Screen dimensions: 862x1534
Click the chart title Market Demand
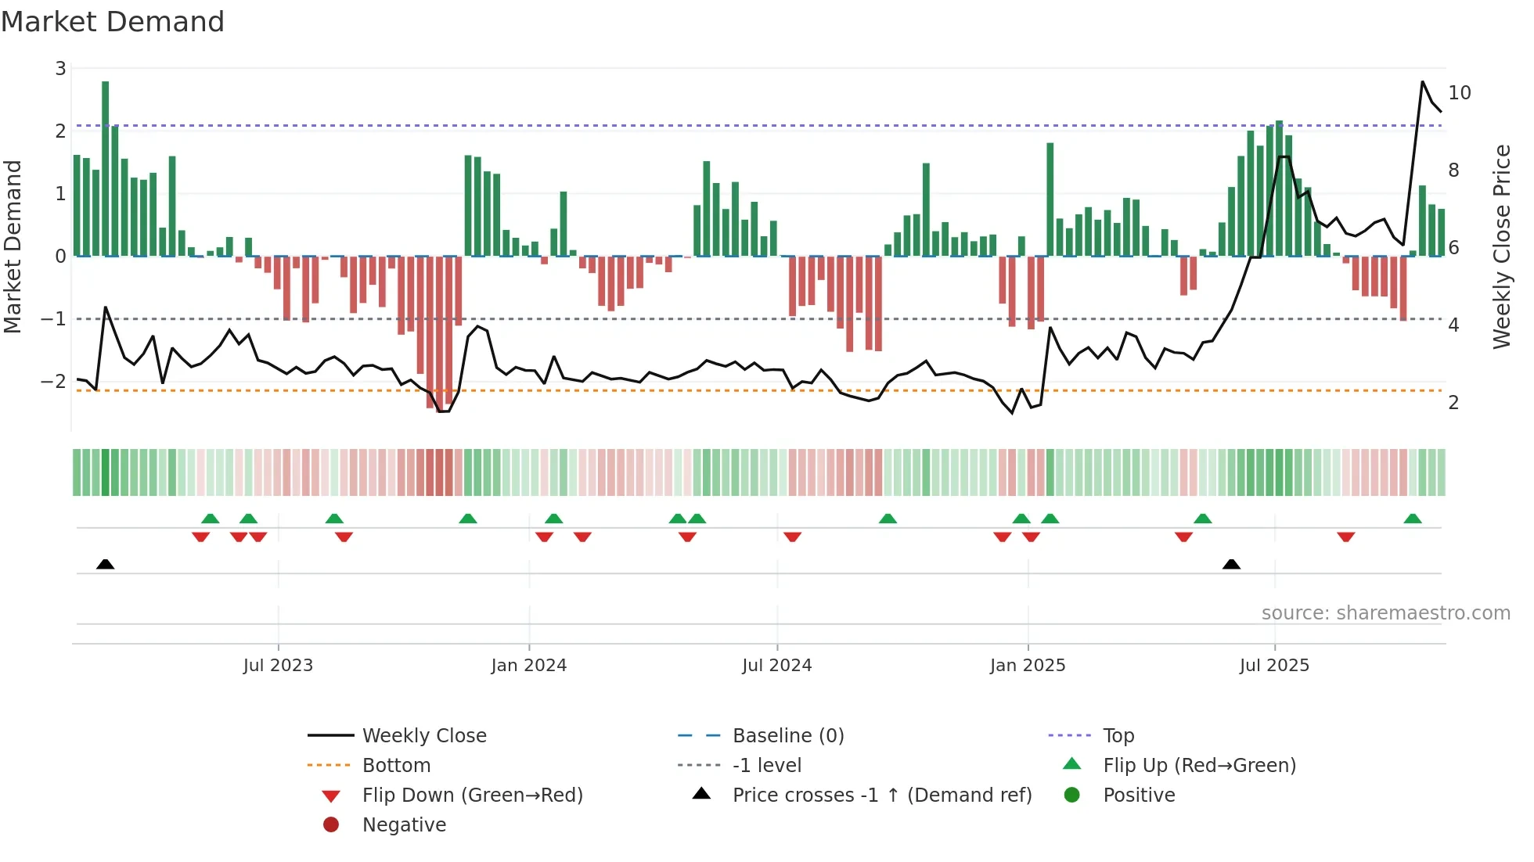(113, 22)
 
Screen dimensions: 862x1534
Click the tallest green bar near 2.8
(105, 168)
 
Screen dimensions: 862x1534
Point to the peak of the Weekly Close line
(1422, 82)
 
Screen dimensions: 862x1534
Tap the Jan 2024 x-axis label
(528, 666)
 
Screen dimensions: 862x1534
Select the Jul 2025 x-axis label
(1273, 666)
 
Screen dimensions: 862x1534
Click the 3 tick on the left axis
(60, 69)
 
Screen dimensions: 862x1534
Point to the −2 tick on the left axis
(54, 382)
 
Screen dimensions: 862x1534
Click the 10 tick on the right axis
(1459, 93)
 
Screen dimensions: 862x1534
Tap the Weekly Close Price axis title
(1501, 246)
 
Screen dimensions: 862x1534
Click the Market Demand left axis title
(13, 246)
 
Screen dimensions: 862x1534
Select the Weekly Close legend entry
(423, 736)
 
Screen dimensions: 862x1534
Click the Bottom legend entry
(396, 766)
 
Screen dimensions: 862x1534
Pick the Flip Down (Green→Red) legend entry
(472, 796)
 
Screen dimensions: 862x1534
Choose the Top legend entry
(1118, 736)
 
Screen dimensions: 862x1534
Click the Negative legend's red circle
(331, 825)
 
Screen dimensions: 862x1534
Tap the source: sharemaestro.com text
(1385, 613)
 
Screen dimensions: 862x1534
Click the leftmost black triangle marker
(106, 564)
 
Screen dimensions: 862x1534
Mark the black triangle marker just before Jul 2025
(1231, 564)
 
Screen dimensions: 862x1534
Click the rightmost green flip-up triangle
(1412, 519)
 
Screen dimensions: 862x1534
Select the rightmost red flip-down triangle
(1345, 537)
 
